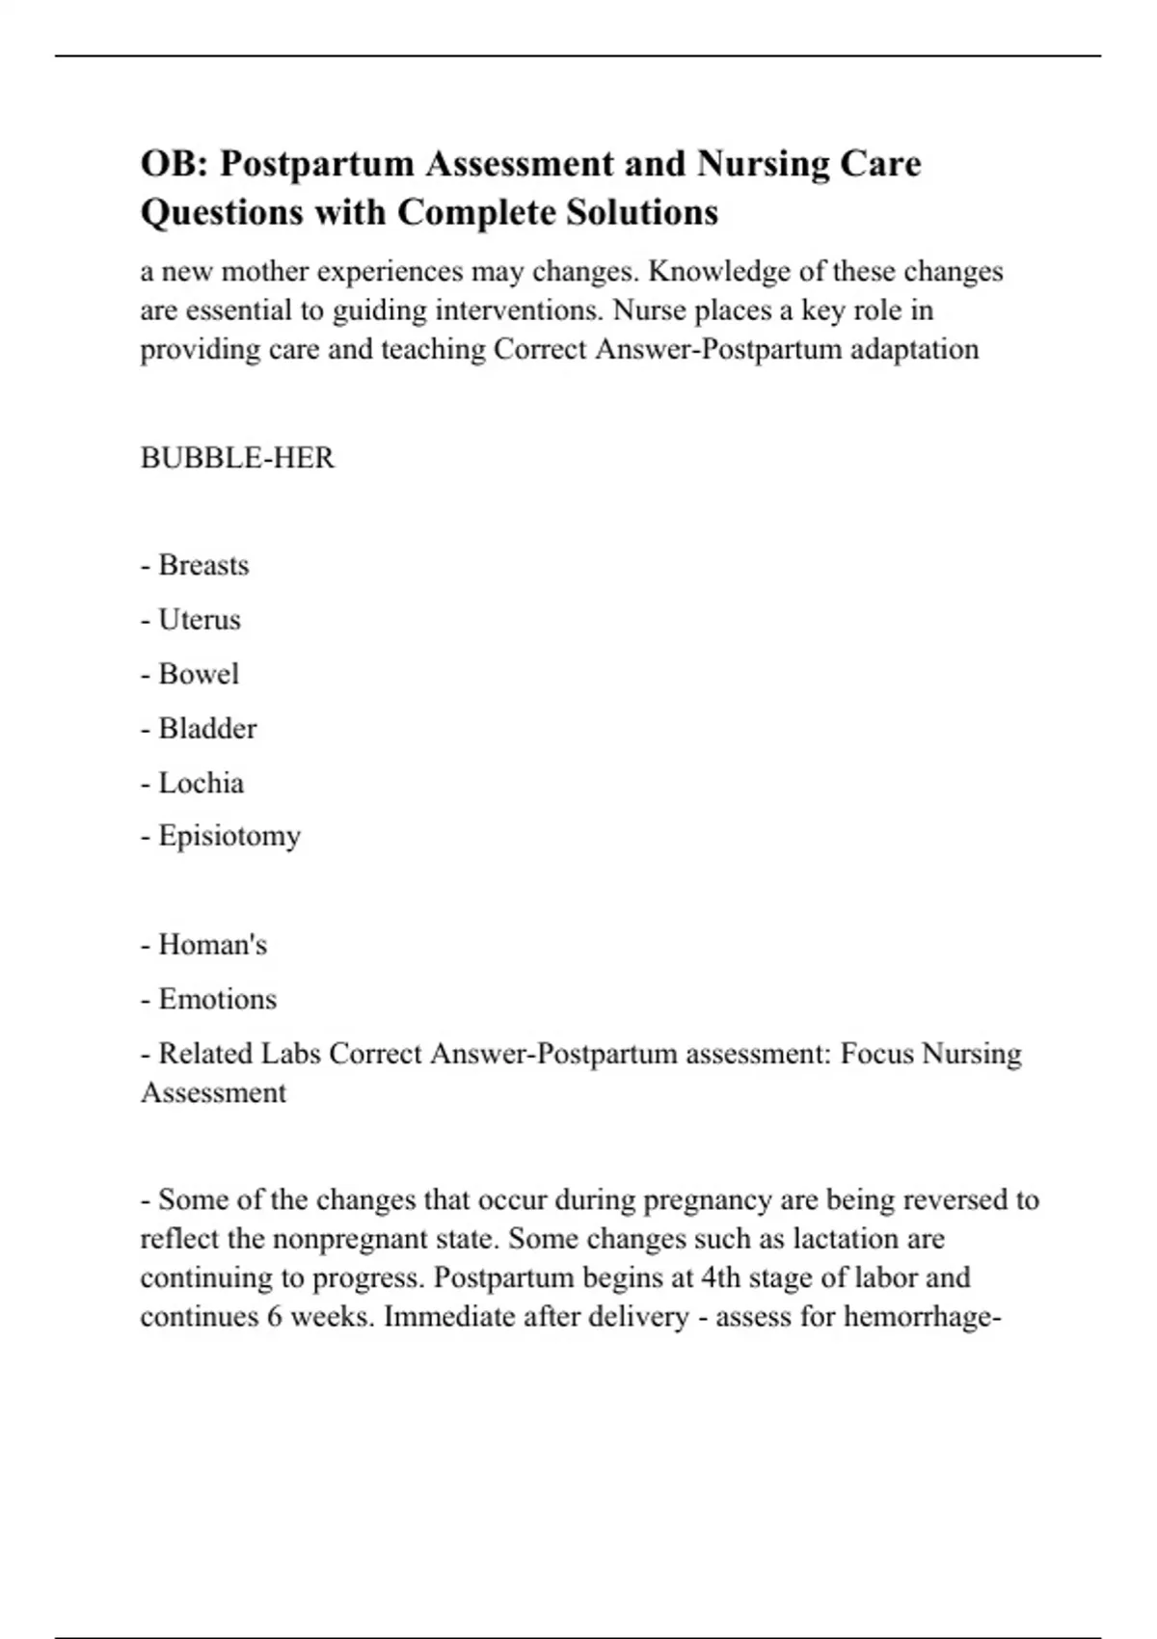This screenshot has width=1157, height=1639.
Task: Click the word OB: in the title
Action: tap(175, 164)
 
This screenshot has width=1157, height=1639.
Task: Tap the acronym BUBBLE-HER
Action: tap(237, 457)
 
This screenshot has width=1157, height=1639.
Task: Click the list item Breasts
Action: tap(203, 564)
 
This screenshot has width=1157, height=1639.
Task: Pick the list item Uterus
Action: tap(200, 619)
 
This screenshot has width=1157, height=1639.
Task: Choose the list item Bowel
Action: tap(199, 673)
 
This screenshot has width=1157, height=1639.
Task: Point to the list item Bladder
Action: tap(207, 728)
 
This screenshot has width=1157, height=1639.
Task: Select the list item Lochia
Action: tap(201, 782)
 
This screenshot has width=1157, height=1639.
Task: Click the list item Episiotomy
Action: tap(229, 836)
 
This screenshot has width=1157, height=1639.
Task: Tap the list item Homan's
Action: tap(212, 944)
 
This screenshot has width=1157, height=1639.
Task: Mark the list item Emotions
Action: tap(217, 999)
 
